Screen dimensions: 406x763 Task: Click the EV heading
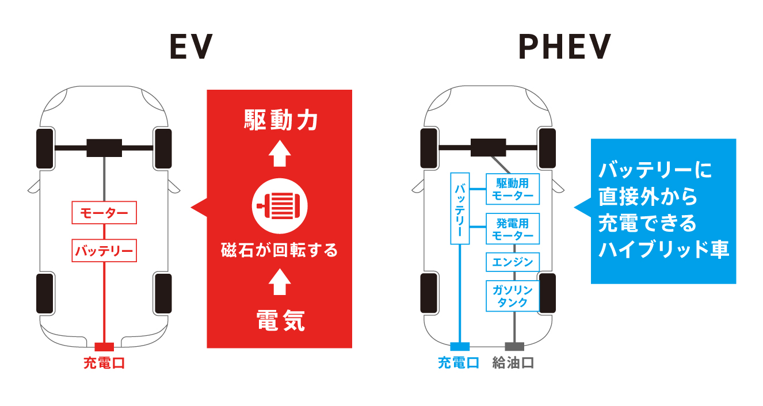point(191,47)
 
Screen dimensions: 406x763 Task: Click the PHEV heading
point(564,47)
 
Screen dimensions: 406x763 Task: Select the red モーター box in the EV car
point(104,212)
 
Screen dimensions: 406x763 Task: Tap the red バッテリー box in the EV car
point(104,251)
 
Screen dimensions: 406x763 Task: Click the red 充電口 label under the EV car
point(104,363)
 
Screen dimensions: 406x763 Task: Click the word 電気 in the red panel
point(280,320)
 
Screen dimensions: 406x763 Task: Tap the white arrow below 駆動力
point(280,154)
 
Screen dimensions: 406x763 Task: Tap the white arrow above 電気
point(280,283)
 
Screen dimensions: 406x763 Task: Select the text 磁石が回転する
point(280,251)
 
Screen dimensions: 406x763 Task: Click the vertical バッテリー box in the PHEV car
point(460,208)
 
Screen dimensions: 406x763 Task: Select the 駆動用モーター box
point(513,189)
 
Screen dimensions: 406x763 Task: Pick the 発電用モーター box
point(513,229)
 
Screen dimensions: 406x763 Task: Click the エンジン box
point(513,263)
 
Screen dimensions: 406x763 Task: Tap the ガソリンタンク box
point(513,296)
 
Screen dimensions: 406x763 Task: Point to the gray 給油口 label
point(513,363)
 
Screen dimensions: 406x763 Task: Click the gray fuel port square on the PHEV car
point(514,346)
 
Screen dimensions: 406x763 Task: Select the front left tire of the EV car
point(45,149)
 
